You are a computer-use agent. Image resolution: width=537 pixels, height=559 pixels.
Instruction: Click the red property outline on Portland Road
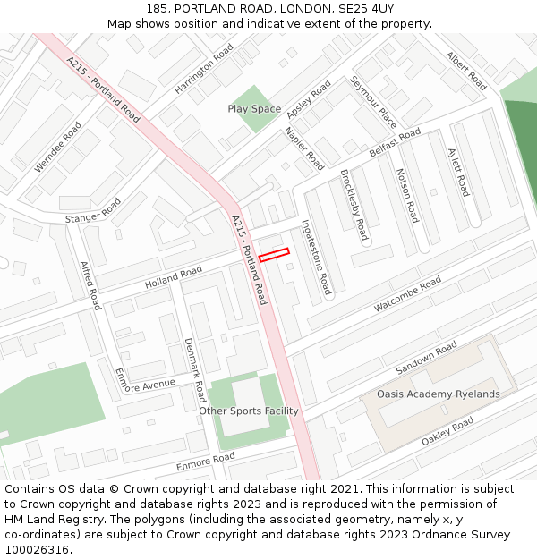pos(274,255)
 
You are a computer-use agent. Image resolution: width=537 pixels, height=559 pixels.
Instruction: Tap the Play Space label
pos(254,109)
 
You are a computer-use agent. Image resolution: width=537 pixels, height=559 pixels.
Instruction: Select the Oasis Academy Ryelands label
pos(438,394)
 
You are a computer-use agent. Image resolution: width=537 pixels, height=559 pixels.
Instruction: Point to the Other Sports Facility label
pos(249,411)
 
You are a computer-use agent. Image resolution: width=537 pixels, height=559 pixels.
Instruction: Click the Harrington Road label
pos(205,68)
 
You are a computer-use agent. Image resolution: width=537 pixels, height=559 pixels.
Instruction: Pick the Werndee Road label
pos(57,148)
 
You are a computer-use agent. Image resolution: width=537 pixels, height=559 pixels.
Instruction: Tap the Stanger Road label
pos(92,212)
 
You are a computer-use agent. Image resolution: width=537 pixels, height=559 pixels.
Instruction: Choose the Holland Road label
pos(174,277)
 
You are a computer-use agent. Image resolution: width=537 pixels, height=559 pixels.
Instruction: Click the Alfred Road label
pos(90,285)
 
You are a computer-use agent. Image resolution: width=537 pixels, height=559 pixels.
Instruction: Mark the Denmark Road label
pos(194,369)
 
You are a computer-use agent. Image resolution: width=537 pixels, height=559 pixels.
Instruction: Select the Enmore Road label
pos(205,462)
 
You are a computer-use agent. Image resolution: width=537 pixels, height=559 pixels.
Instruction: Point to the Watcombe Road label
pos(407,293)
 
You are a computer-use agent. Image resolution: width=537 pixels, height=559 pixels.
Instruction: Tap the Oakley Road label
pos(447,433)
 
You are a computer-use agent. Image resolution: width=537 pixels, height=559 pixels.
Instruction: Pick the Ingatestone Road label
pos(317,258)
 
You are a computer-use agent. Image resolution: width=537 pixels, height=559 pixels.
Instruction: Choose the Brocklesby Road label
pos(354,205)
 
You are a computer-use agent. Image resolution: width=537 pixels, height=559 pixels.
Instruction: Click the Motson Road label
pos(406,195)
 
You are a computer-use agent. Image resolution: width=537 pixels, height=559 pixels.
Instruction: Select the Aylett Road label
pos(457,173)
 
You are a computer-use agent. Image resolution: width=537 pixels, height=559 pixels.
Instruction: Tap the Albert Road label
pos(466,71)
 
